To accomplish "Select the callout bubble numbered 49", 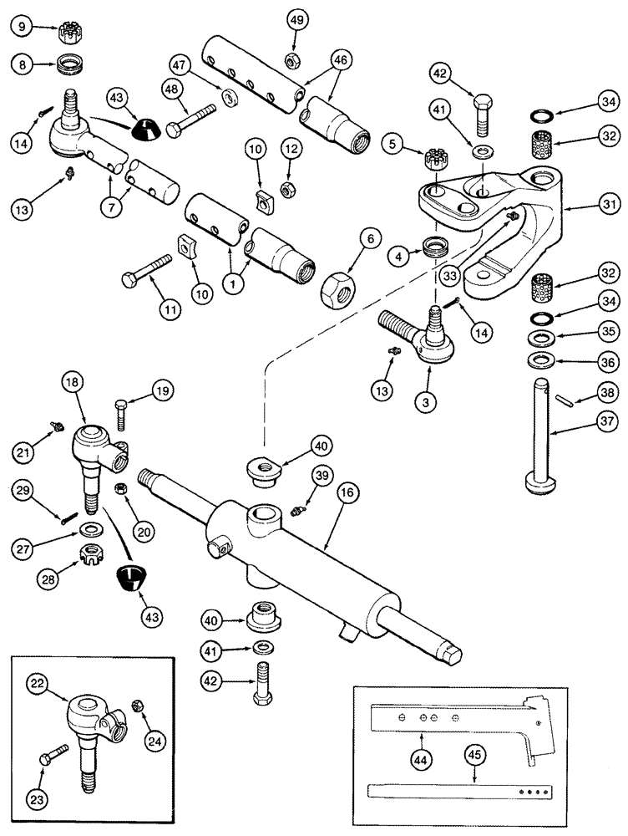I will (x=296, y=19).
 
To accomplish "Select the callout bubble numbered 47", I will (x=180, y=64).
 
